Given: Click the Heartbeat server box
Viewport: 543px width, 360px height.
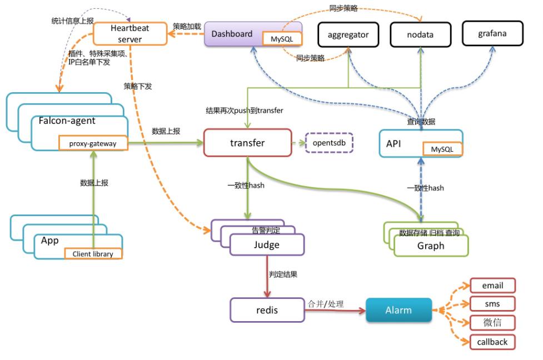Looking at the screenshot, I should (129, 33).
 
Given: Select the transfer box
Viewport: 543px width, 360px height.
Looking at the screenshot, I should (247, 143).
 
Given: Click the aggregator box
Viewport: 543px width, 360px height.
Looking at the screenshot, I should (348, 34).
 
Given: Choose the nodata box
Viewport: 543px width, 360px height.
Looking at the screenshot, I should (420, 34).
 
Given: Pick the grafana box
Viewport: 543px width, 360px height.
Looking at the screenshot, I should (492, 34).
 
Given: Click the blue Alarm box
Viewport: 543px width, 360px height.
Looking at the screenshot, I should (398, 310).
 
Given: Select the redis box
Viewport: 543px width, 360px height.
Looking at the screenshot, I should (267, 310).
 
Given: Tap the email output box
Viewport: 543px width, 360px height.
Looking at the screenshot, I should (492, 286).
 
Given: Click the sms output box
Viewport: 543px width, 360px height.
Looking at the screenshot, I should (492, 304).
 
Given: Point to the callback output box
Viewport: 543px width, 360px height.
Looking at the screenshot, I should (492, 342).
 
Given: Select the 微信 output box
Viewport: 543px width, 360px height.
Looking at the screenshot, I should (492, 323).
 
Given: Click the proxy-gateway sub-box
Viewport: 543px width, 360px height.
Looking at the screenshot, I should (93, 144).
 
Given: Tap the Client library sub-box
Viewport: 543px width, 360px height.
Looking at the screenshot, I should (93, 254).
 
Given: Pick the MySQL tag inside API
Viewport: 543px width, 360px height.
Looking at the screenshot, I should (442, 149).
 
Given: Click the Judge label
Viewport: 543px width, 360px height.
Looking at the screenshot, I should (267, 245).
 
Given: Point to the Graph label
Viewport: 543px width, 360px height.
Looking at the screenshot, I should (431, 246).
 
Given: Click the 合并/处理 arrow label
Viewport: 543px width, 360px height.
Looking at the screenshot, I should (326, 304).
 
